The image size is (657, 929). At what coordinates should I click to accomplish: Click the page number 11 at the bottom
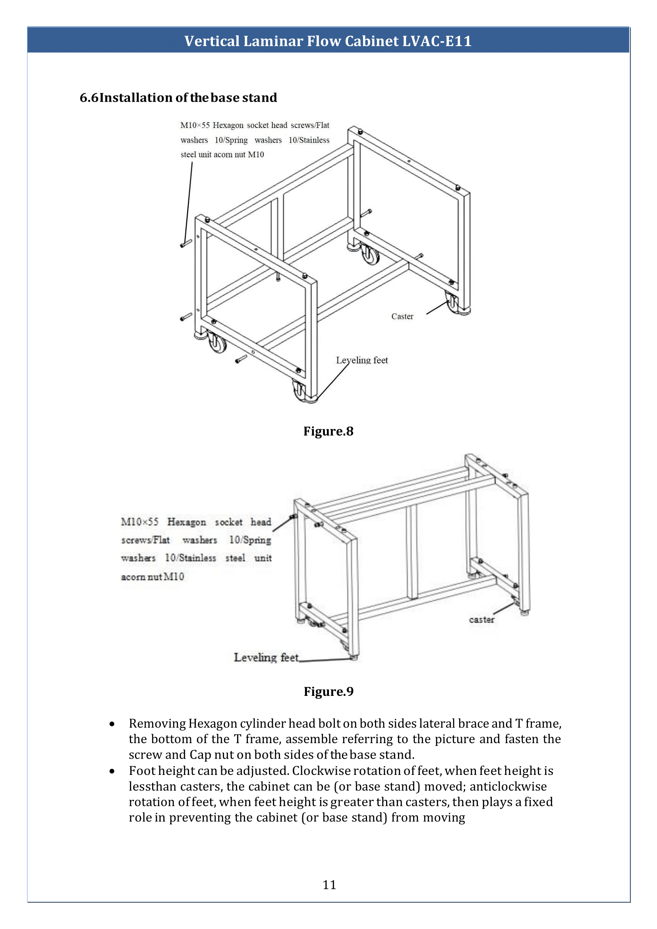click(329, 885)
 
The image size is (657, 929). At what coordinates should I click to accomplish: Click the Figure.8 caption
click(328, 431)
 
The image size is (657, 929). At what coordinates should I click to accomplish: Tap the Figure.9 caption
click(328, 691)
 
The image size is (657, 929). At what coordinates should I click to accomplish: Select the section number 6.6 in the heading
click(89, 98)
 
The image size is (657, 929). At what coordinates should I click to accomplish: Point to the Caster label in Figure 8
click(402, 317)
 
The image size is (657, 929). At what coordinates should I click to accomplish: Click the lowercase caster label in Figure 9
click(481, 620)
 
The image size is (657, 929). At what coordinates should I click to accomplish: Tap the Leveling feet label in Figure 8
click(362, 360)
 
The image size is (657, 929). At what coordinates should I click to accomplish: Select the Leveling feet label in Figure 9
click(266, 657)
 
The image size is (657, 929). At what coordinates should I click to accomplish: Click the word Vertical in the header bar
click(212, 41)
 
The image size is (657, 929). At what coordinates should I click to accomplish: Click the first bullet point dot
click(112, 724)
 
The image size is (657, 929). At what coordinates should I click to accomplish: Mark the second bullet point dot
click(112, 771)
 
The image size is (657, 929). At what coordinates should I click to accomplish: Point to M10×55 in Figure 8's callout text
click(195, 126)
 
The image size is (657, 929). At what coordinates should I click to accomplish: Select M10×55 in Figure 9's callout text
click(139, 522)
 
